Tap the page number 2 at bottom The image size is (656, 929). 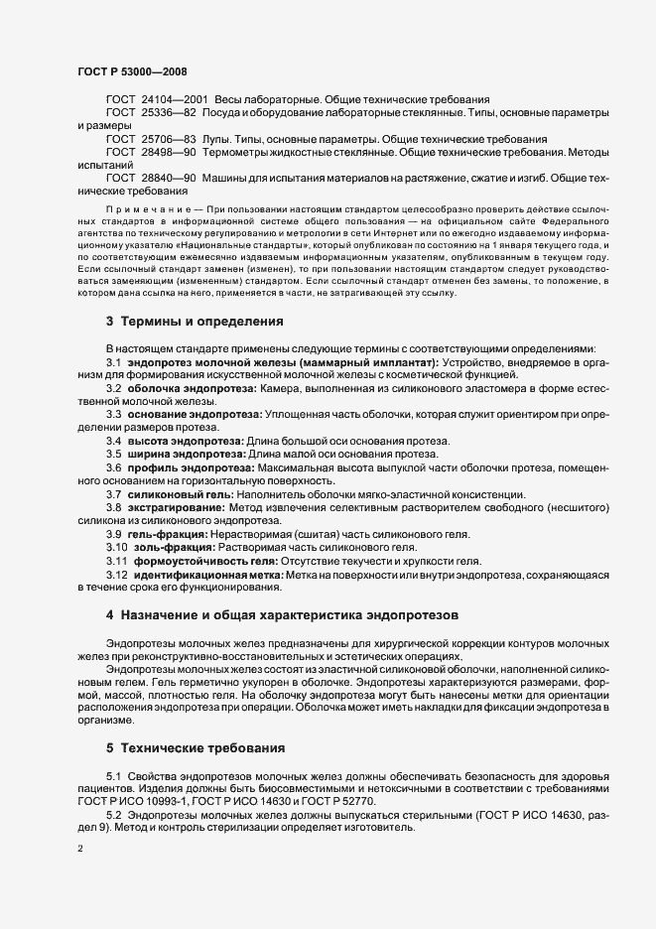click(x=79, y=849)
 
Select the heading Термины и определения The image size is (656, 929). click(x=201, y=322)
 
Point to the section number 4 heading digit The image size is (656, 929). click(x=110, y=644)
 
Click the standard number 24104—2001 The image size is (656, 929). click(x=174, y=101)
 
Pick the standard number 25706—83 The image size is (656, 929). click(x=168, y=139)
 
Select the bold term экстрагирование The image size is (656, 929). click(x=175, y=507)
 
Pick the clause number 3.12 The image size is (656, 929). click(x=117, y=574)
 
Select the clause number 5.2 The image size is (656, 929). click(x=113, y=815)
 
